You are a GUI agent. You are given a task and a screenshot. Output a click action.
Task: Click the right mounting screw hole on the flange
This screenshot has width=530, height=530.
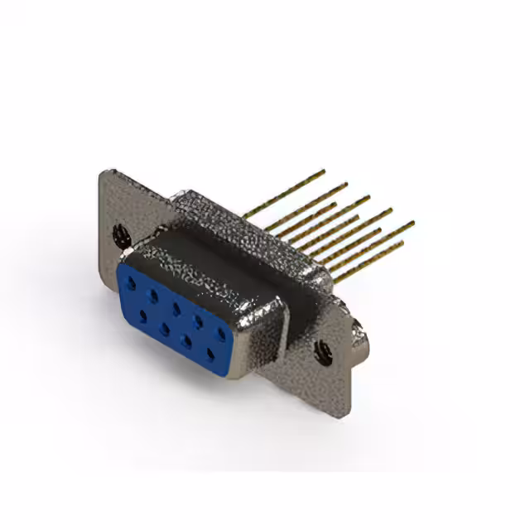click(324, 354)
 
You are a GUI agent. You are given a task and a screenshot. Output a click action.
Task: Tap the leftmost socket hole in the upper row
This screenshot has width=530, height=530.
click(132, 283)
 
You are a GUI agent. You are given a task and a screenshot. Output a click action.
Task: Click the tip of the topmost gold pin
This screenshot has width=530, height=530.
click(324, 171)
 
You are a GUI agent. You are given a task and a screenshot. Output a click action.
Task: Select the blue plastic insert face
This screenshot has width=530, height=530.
click(174, 319)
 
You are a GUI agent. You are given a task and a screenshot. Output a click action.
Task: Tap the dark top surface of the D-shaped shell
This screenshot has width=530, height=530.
click(207, 261)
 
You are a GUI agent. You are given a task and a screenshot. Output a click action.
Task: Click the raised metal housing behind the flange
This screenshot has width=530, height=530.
click(240, 224)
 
